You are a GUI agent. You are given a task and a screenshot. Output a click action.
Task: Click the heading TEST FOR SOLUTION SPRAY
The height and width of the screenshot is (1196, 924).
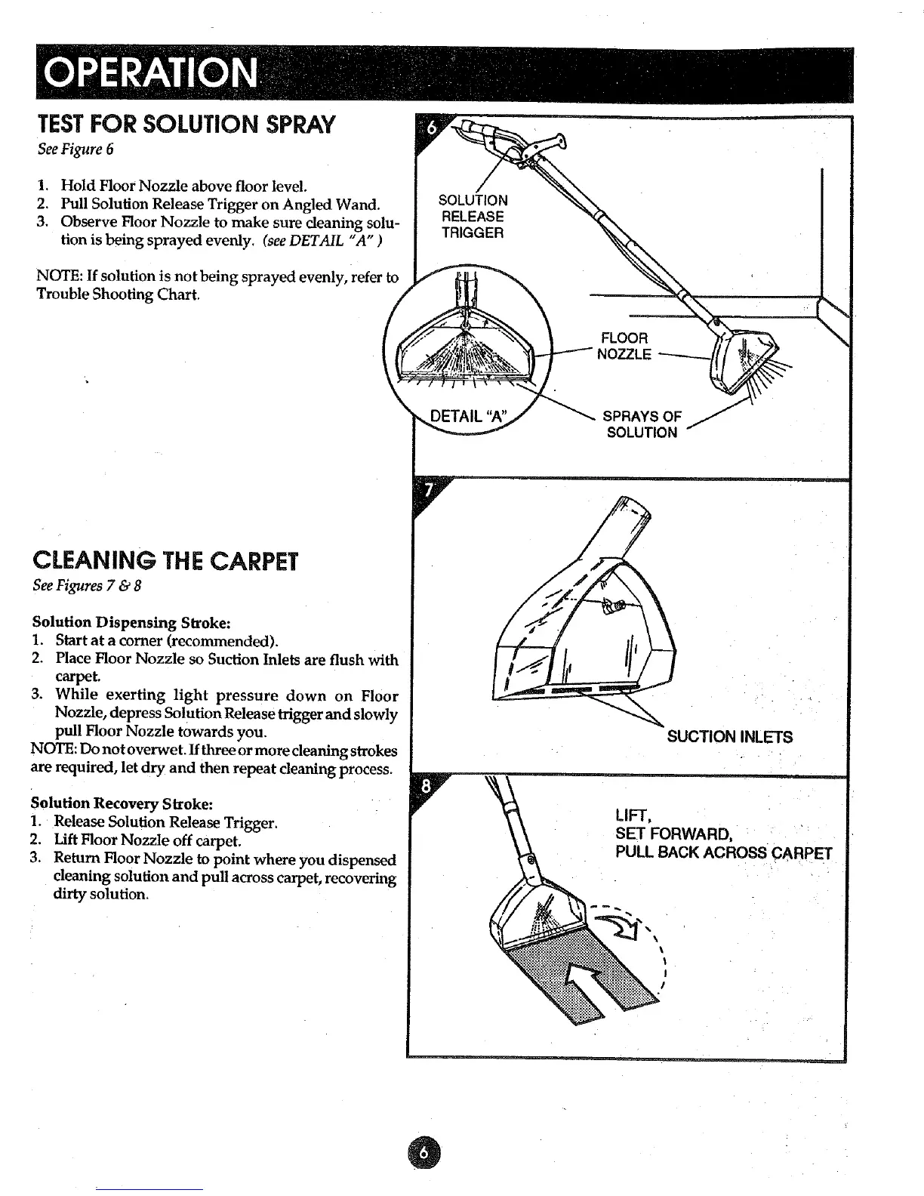[186, 125]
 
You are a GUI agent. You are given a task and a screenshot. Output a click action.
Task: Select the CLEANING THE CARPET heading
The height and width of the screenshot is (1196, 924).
[166, 562]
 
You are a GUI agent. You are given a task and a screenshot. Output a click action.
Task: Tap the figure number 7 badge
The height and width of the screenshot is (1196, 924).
[428, 491]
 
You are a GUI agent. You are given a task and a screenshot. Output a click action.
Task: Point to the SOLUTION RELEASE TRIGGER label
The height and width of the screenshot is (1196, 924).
[473, 217]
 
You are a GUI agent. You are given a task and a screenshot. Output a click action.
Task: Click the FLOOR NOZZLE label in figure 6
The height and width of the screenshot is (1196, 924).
[624, 346]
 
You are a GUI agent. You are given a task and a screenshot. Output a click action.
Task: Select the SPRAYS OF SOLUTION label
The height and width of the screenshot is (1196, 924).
[642, 424]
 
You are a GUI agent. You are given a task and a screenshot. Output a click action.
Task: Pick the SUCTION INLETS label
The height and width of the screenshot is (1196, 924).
[730, 737]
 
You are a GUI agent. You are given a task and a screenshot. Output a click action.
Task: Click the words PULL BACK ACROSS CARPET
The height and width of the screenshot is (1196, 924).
[724, 854]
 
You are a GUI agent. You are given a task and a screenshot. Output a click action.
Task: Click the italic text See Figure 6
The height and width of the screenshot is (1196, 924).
[75, 149]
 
